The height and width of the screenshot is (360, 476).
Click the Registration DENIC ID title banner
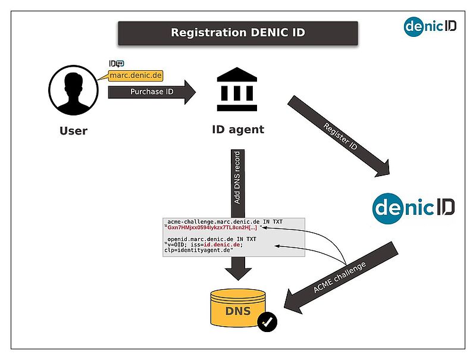[238, 33]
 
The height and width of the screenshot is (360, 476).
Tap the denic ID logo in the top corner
[430, 27]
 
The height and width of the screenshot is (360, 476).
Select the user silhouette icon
[73, 90]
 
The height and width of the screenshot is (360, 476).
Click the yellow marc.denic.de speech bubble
[136, 76]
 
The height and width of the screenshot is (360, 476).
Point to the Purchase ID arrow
[152, 92]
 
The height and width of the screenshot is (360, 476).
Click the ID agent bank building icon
[237, 89]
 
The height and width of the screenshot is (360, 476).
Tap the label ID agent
[238, 130]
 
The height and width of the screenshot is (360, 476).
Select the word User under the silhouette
[73, 131]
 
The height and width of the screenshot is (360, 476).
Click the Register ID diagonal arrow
[339, 136]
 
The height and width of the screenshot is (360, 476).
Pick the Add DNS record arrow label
[237, 177]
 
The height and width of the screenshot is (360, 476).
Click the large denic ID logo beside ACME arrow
[414, 208]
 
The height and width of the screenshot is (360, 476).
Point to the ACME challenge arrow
[340, 278]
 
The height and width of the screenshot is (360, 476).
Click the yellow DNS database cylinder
[238, 308]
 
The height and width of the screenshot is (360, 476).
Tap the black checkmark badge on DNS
[267, 322]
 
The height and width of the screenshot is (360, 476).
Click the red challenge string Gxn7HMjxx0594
[212, 228]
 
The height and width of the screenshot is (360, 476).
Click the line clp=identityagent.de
[199, 251]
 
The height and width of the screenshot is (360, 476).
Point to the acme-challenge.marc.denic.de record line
[225, 222]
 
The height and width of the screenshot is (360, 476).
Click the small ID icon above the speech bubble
[117, 64]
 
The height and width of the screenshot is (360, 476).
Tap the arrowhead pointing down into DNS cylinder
[239, 274]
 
